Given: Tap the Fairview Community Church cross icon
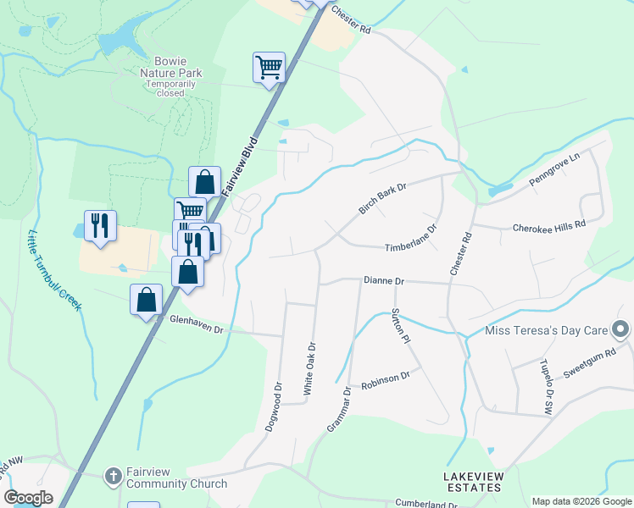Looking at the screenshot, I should (113, 476).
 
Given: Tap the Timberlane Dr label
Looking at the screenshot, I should (410, 238).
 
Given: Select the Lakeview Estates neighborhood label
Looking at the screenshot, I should (474, 483).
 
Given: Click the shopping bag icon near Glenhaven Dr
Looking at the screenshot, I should (146, 300).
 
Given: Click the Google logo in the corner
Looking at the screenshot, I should (29, 498).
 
